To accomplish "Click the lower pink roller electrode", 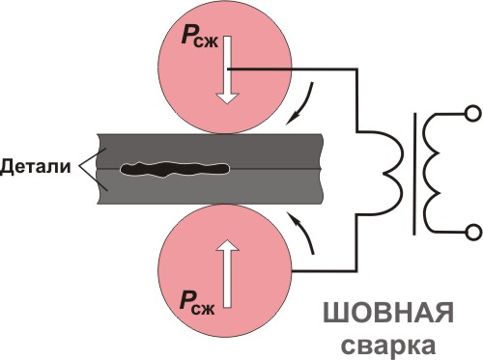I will pos(261,270).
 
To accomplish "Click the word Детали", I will pos(36,168).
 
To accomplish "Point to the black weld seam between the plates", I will pos(174,171).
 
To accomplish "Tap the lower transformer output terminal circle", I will pos(472,231).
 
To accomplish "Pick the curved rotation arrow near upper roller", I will pos(303,104).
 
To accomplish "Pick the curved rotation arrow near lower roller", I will pos(303,235).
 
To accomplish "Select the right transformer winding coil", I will pos(440,173).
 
